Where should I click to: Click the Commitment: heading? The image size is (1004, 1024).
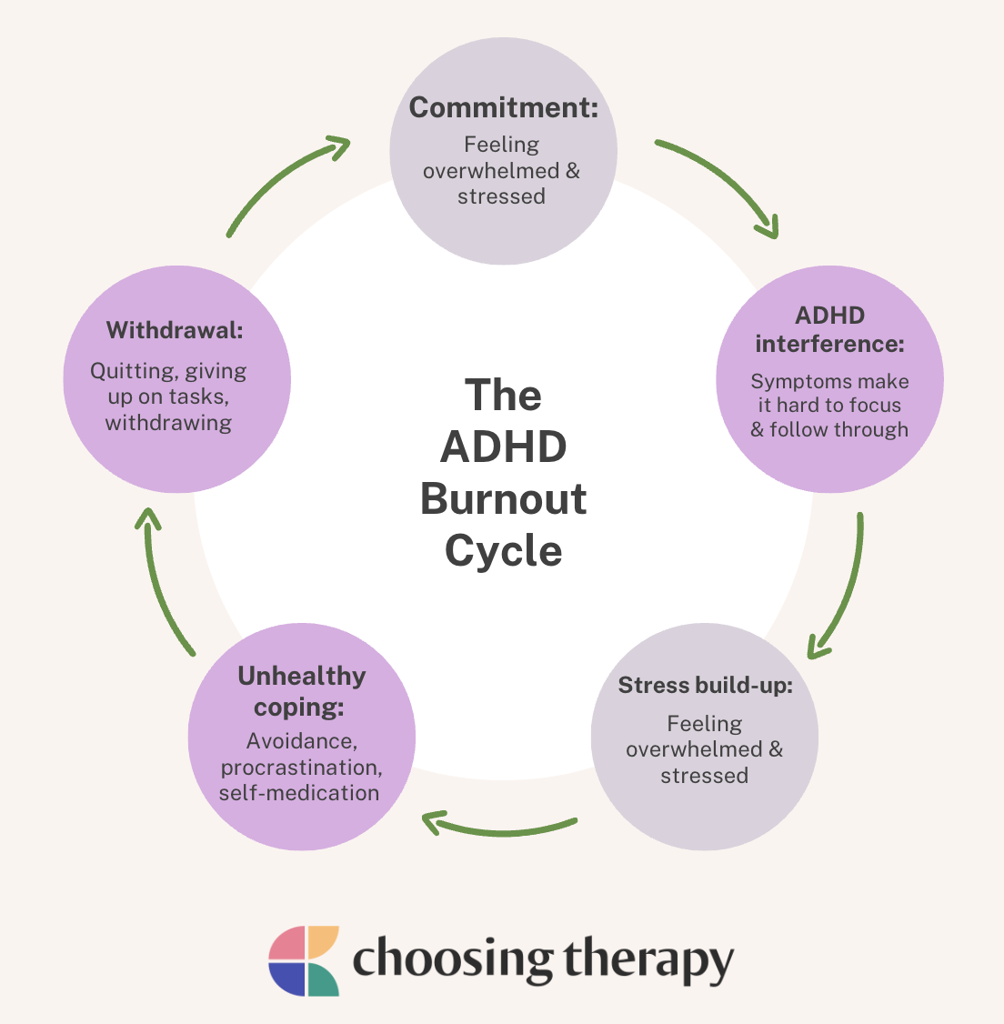click(x=503, y=107)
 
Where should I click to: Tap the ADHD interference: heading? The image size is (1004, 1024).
click(x=829, y=330)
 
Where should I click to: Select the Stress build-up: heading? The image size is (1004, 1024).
click(x=705, y=685)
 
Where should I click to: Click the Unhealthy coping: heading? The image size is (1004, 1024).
click(x=301, y=691)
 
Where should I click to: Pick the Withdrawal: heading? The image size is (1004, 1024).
click(x=175, y=330)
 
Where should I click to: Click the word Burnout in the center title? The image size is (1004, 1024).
click(x=503, y=499)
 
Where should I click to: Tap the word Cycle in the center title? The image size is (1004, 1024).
click(x=503, y=551)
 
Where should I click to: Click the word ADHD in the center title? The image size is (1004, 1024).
click(x=503, y=447)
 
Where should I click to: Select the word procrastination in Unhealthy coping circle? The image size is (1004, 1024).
click(x=301, y=768)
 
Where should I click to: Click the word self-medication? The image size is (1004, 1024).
click(x=299, y=793)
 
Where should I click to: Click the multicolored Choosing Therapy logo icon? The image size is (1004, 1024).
click(x=304, y=961)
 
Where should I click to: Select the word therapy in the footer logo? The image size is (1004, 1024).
click(x=648, y=962)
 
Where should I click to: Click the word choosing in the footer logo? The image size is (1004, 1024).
click(x=452, y=962)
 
